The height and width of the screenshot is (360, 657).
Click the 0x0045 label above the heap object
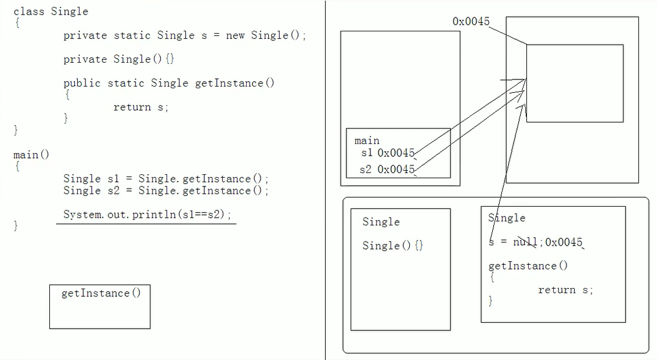[x=471, y=21]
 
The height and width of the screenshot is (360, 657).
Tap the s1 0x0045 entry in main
[x=387, y=153]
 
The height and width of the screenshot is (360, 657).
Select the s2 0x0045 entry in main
[x=387, y=170]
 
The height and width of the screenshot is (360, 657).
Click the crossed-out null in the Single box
[x=526, y=242]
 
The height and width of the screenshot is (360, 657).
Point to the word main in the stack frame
[x=367, y=141]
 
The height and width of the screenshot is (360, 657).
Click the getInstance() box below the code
[x=100, y=307]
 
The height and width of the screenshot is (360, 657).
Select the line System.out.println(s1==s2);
[x=147, y=214]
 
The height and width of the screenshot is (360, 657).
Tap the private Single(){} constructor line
[x=118, y=59]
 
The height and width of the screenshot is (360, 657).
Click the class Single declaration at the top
[x=50, y=12]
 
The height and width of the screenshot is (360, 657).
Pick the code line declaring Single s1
[x=166, y=179]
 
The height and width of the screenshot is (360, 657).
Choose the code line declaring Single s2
[x=166, y=190]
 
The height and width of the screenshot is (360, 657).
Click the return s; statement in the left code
[x=140, y=107]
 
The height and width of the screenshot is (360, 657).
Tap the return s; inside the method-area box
[x=565, y=290]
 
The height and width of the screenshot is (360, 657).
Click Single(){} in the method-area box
[x=393, y=246]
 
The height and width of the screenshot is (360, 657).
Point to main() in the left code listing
[x=31, y=155]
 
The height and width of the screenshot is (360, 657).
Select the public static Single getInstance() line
[x=169, y=83]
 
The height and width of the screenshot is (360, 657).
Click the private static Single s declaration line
[x=185, y=35]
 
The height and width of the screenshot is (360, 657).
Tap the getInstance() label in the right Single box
[x=528, y=266]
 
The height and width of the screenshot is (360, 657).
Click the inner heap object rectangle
[x=575, y=83]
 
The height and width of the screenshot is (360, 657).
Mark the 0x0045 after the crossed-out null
[x=564, y=242]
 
